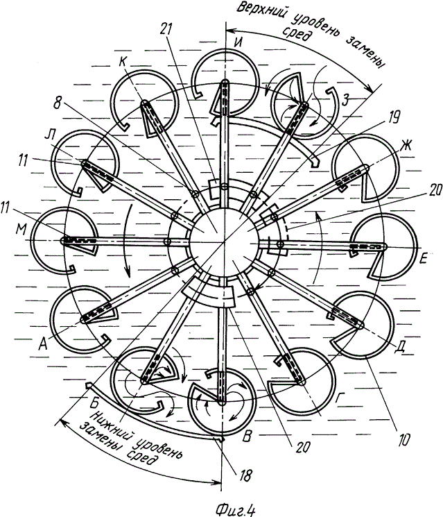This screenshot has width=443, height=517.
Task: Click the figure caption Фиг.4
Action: (235, 509)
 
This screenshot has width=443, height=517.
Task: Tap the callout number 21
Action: (166, 29)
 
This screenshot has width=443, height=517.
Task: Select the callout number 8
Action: (58, 103)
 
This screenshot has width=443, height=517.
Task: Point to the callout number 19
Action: (394, 117)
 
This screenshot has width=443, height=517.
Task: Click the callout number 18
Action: (245, 475)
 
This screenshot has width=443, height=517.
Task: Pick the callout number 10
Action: (403, 439)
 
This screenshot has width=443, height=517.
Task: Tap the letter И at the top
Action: (238, 43)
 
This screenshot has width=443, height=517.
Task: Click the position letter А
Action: (44, 344)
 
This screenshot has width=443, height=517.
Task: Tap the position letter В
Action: (247, 436)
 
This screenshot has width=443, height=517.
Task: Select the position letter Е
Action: (423, 258)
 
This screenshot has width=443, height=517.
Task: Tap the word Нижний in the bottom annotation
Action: (109, 423)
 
